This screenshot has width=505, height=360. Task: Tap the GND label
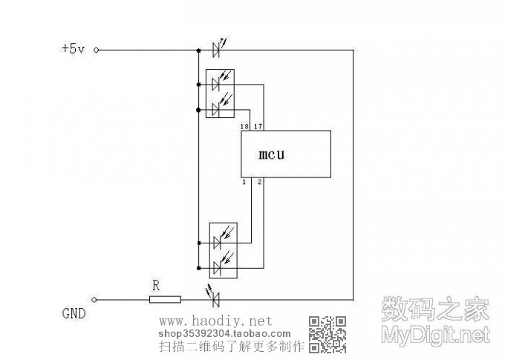coord(74,313)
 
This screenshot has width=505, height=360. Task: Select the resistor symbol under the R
coord(165,300)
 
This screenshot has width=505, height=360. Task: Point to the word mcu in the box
coord(272,155)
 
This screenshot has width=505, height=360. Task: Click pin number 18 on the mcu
coord(244,127)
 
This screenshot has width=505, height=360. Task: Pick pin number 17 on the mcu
coord(258,127)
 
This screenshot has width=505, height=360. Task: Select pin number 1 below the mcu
coord(244,182)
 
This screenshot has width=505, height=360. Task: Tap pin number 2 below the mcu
coord(259,182)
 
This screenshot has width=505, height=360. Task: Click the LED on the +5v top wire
coord(217,50)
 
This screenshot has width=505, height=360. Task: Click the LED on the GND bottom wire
coord(217,299)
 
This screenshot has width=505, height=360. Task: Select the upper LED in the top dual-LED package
coord(217,84)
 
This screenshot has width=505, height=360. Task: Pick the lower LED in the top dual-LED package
coord(217,109)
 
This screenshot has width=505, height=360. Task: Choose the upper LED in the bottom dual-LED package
coord(217,242)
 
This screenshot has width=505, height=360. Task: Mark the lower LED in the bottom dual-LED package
coord(217,266)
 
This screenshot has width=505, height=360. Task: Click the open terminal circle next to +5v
coord(97,50)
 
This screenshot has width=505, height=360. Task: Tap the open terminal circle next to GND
coord(97,300)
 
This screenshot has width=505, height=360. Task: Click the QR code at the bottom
coord(328,333)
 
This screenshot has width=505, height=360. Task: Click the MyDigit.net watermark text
coord(436,334)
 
